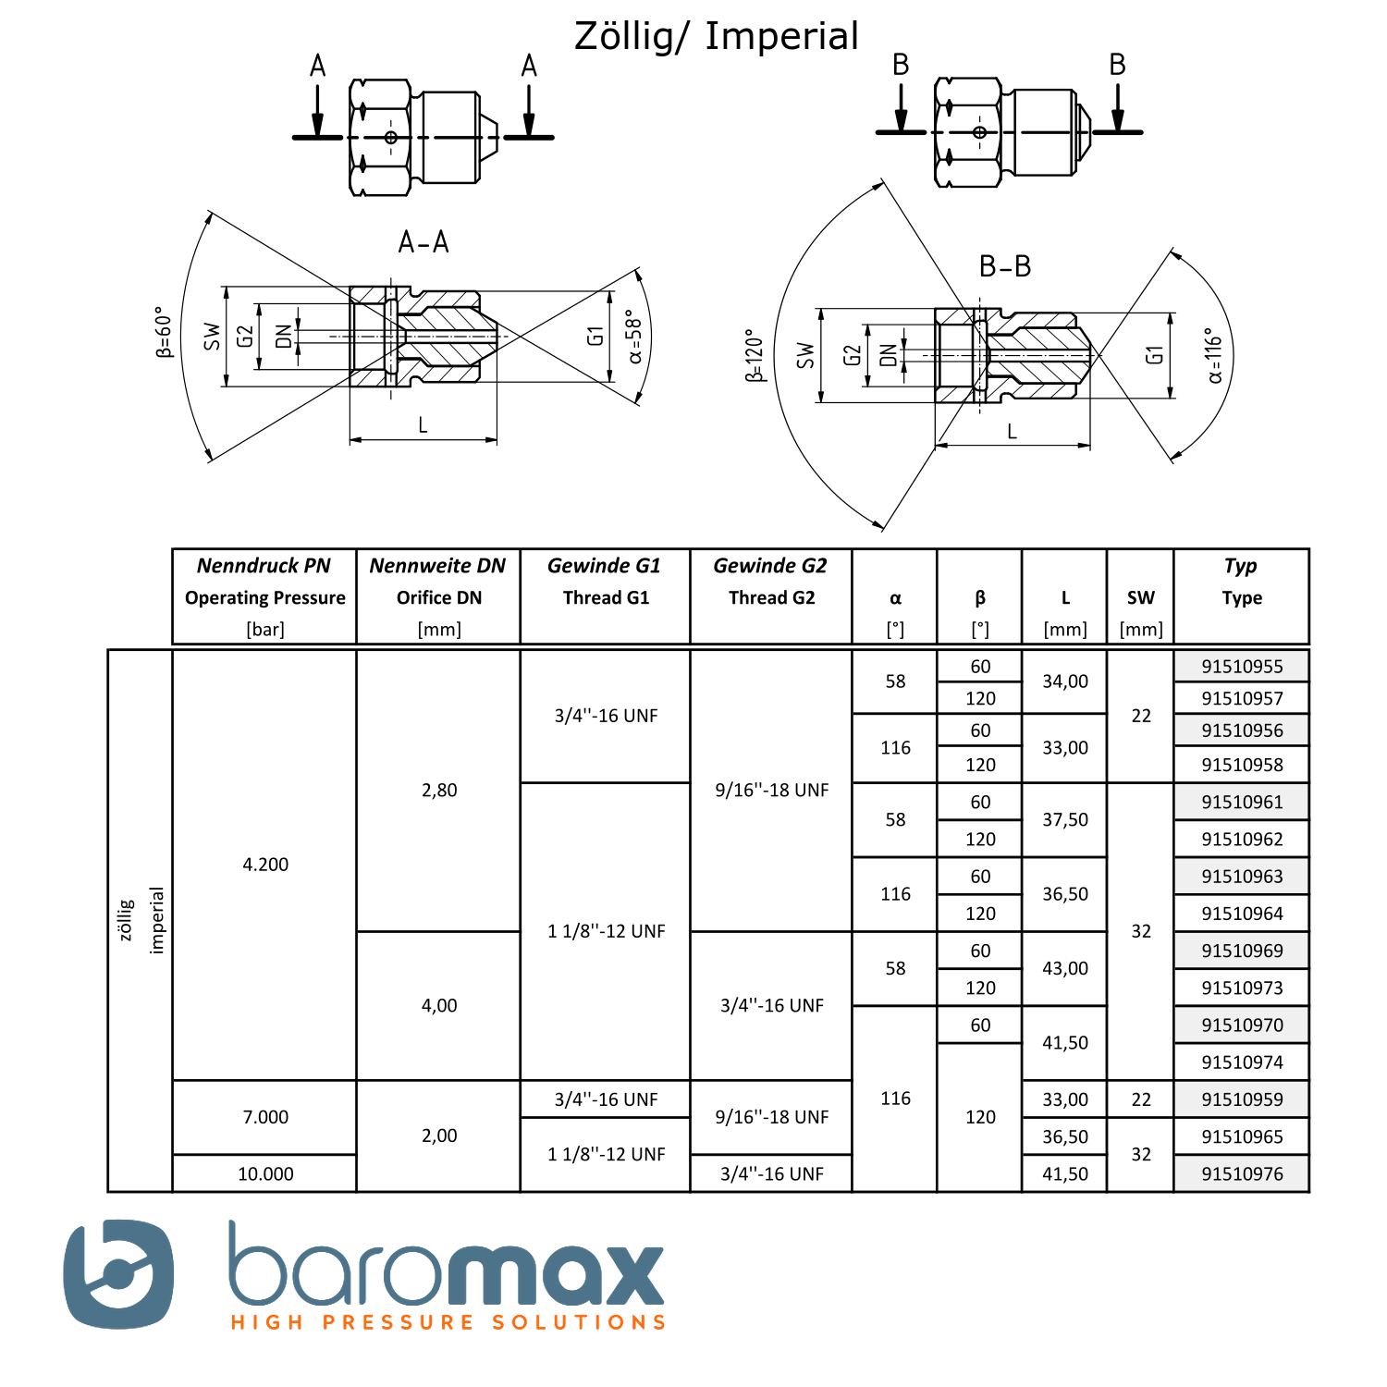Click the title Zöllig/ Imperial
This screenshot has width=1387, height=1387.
[717, 37]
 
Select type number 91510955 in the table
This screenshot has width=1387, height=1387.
[1242, 667]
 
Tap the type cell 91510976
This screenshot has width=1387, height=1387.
[1242, 1173]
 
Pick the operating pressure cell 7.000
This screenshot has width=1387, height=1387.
[265, 1117]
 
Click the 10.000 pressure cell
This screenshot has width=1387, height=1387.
[265, 1173]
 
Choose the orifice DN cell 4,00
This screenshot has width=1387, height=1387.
[439, 1005]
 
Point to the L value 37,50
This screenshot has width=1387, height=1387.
[1065, 820]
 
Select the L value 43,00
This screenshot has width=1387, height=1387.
[1065, 968]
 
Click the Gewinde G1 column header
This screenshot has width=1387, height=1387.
[605, 582]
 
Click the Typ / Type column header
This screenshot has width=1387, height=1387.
[1241, 582]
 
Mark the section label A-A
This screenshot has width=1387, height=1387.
[423, 242]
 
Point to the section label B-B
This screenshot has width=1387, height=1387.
[1005, 266]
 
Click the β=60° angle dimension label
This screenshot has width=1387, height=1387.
[164, 332]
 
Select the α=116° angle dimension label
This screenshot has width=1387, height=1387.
[1214, 355]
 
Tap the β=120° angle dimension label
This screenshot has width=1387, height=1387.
[755, 355]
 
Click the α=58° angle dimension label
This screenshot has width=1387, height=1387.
[634, 337]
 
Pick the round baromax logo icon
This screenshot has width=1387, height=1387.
[118, 1274]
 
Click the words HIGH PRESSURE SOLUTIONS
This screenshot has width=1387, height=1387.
[448, 1322]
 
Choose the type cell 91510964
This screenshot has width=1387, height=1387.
[1242, 914]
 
